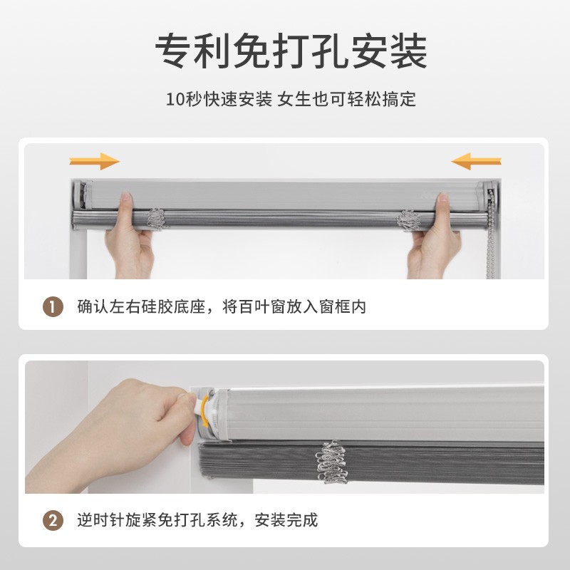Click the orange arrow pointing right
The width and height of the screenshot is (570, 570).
click(95, 161)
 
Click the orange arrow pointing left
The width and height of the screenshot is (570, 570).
click(476, 161)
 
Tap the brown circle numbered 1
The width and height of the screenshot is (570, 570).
click(53, 307)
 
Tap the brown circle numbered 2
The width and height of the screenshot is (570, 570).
click(53, 520)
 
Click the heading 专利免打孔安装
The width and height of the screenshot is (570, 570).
click(291, 51)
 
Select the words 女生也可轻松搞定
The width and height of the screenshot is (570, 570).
click(346, 99)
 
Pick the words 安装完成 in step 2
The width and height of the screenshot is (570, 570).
click(286, 520)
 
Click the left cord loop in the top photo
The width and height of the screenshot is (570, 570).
click(157, 219)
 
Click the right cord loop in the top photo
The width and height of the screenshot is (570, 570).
click(408, 220)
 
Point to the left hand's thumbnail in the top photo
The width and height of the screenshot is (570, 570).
click(126, 197)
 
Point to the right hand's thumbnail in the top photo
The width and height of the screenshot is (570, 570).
click(443, 197)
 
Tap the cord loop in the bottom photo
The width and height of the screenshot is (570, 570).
click(332, 462)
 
